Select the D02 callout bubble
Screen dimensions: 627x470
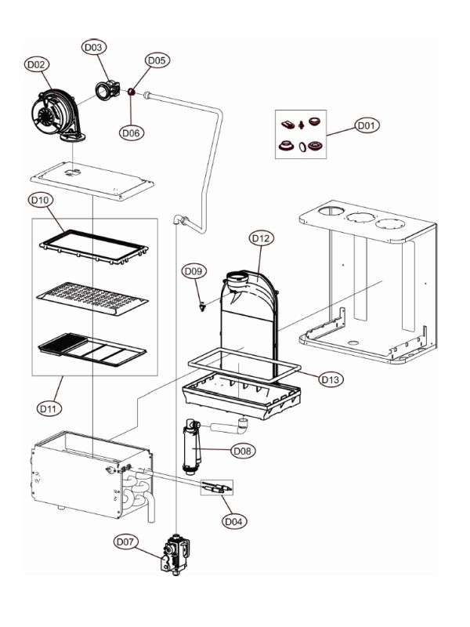click(37, 65)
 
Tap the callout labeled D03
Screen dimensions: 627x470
click(93, 48)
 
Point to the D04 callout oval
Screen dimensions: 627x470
click(233, 520)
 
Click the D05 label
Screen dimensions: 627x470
click(157, 60)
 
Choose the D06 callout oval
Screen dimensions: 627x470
click(131, 132)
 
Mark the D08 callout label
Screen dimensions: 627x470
click(243, 451)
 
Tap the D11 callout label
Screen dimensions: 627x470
click(49, 408)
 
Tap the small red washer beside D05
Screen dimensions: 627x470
click(132, 92)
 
